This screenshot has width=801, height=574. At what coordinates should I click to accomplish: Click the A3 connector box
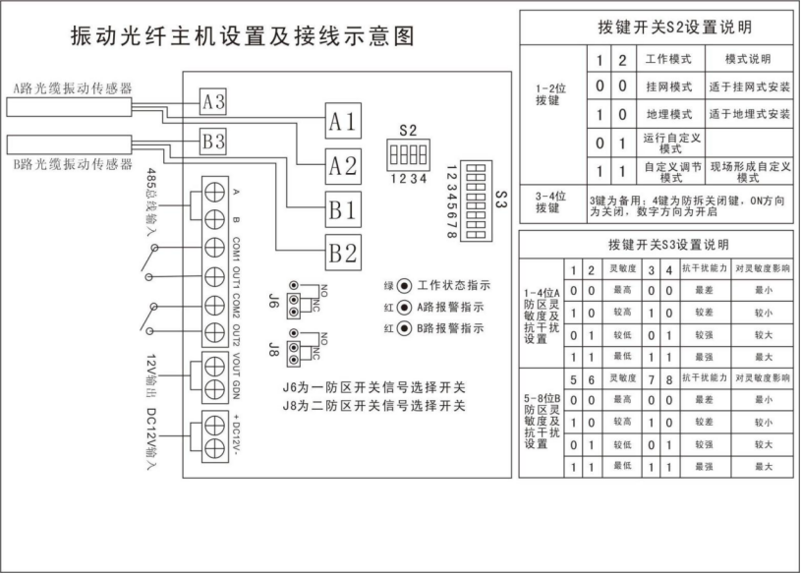213,100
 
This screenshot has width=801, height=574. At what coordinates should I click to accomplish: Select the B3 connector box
213,142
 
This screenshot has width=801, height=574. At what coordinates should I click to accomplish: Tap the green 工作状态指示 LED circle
403,286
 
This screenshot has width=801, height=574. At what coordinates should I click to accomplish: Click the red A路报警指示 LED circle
403,307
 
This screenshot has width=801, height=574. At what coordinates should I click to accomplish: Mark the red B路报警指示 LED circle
403,327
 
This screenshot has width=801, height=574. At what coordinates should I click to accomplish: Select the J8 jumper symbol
293,349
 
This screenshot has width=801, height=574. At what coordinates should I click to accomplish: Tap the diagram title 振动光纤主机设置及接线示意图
242,36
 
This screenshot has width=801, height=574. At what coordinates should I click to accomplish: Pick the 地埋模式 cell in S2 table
668,114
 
